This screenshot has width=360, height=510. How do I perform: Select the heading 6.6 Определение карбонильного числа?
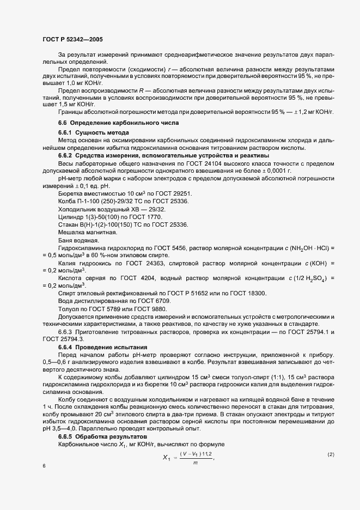pos(118,124)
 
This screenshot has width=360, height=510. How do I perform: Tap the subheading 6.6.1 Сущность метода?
pos(94,133)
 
